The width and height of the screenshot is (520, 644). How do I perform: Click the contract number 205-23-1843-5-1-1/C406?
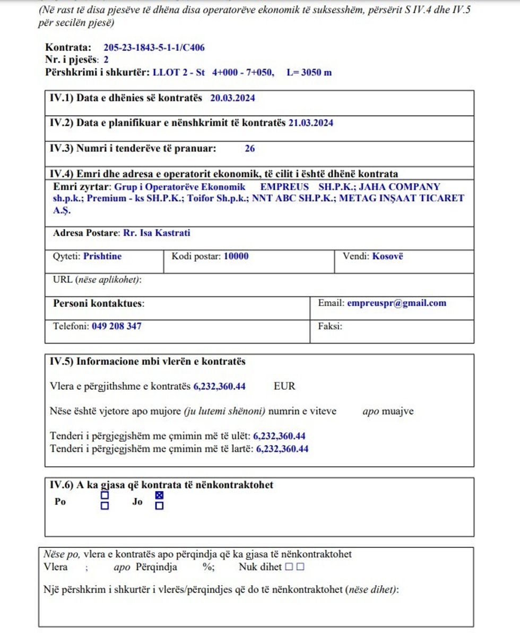[154, 48]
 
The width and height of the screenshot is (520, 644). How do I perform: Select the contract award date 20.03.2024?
[233, 98]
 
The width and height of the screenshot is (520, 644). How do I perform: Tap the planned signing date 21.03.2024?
[310, 123]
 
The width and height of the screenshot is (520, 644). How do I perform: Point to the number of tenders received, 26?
[249, 149]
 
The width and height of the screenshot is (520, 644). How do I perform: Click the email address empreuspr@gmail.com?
[396, 303]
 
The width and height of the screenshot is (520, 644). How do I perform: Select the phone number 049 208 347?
[116, 326]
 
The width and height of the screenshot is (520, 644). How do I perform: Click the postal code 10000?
[236, 256]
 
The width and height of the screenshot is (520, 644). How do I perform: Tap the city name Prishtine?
[102, 256]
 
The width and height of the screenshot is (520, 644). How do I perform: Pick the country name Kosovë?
[387, 256]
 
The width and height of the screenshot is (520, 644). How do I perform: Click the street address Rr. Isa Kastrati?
[157, 233]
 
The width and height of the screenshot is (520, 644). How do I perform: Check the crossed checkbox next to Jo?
[159, 495]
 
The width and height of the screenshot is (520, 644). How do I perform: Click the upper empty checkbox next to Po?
[105, 495]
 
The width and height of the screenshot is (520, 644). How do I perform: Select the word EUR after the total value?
[284, 386]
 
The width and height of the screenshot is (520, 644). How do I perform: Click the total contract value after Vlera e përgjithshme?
[219, 386]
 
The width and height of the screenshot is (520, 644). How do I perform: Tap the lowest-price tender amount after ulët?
[279, 436]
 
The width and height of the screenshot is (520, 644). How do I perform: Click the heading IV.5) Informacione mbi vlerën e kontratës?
[148, 362]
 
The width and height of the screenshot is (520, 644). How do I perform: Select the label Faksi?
[330, 326]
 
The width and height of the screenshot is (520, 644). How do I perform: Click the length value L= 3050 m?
[309, 72]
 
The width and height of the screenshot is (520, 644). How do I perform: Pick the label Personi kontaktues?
[99, 304]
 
